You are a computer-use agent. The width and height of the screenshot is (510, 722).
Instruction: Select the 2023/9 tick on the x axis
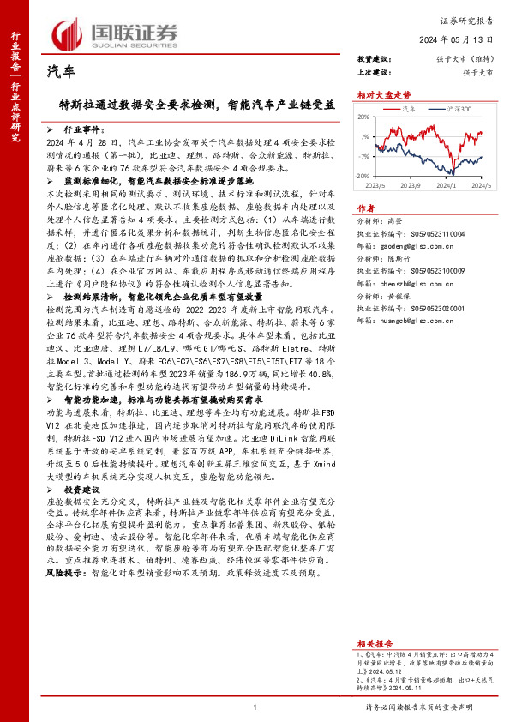tap(410, 184)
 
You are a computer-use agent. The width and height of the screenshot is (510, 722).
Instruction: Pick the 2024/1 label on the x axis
tap(447, 184)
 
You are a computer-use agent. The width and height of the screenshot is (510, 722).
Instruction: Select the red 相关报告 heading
tap(375, 642)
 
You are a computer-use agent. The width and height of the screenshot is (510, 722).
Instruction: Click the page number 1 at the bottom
tap(255, 707)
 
